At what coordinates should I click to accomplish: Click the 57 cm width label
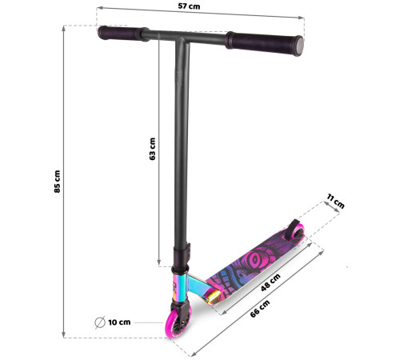point(189,6)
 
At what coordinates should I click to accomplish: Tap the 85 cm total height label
point(57,182)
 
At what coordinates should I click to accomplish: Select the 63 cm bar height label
point(152,149)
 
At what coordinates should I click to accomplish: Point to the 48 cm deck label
point(270,282)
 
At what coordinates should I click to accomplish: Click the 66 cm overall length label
point(260,309)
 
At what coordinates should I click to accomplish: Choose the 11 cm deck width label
point(335,202)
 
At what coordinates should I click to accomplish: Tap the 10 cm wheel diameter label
point(119,322)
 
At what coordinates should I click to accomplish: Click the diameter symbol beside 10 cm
point(100,322)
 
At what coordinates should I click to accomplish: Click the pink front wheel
point(175,323)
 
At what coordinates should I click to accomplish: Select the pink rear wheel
point(298,233)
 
